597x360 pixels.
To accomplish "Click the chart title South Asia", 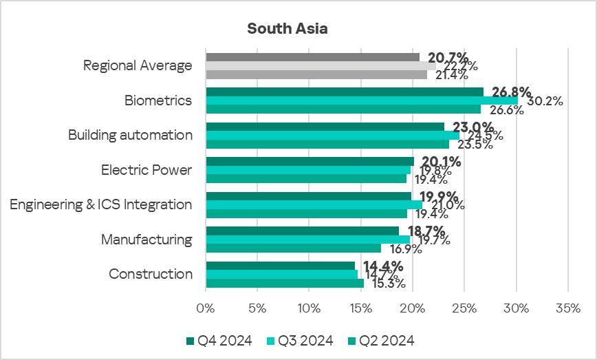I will pos(287,29).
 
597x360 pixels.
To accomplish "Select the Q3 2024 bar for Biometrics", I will pos(362,100).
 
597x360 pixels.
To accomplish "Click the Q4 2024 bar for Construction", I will pos(281,266).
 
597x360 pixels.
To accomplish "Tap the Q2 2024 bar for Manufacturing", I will pos(294,248).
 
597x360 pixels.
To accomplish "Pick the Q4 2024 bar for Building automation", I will pos(325,127).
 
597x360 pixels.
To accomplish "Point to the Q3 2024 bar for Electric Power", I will pos(309,170).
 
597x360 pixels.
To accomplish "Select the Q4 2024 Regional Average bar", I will pos(313,57).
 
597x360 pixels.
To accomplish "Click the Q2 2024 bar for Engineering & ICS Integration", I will pos(307,213).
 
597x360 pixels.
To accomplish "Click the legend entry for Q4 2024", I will pos(219,340).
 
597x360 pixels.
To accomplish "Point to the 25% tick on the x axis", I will pos(464,307).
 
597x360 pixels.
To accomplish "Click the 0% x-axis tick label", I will pos(206,307).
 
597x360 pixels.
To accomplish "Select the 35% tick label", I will pos(568,307).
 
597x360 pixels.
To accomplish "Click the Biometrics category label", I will pos(158,100).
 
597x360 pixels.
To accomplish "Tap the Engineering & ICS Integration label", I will pos(100,204).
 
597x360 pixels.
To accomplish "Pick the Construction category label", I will pos(151,274).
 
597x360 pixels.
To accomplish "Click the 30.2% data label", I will pos(545,101).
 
